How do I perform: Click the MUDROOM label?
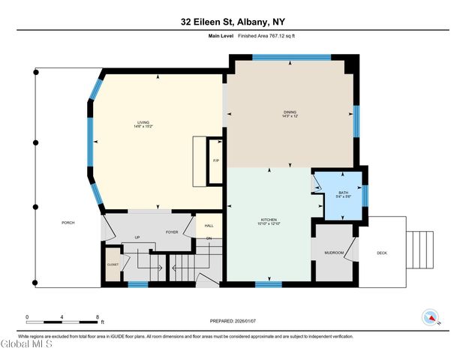333,253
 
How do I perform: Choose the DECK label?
382,253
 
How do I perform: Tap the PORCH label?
68,223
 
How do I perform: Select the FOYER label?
171,232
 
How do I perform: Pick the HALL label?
209,225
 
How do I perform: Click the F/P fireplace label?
215,160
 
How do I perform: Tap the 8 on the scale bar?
98,316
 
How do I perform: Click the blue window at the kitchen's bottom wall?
268,284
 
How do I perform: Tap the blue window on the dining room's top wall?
301,56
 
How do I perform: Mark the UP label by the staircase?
137,238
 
